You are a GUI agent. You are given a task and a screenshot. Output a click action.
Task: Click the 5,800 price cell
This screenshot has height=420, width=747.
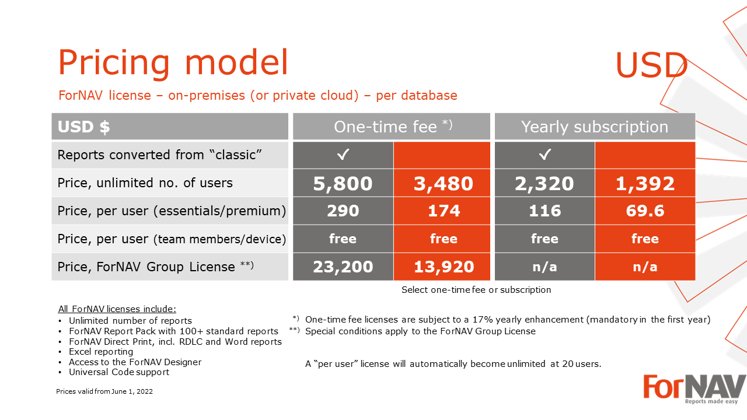click(343, 183)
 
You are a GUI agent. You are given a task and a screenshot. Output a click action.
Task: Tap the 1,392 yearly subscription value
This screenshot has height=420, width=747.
click(645, 183)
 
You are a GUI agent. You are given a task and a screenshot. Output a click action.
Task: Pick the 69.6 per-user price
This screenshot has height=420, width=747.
click(645, 211)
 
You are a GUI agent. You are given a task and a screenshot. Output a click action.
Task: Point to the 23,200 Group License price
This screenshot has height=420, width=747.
click(343, 267)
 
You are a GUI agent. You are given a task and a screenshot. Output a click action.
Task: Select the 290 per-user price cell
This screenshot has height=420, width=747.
click(343, 211)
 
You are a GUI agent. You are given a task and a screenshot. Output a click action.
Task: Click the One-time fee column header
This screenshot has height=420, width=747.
click(392, 127)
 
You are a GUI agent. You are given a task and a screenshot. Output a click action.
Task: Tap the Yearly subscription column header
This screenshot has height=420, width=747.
click(595, 127)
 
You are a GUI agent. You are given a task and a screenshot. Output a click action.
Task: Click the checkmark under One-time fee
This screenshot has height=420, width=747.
click(343, 155)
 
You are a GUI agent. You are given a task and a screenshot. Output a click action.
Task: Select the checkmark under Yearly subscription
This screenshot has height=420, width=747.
click(545, 155)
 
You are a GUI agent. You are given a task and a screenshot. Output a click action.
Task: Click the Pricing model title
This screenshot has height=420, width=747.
click(173, 62)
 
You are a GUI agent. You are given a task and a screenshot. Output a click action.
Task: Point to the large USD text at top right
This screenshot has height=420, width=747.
click(651, 65)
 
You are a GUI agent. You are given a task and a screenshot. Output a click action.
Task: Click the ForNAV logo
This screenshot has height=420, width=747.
click(694, 389)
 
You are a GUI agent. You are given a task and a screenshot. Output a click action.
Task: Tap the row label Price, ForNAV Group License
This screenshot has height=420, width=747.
click(155, 267)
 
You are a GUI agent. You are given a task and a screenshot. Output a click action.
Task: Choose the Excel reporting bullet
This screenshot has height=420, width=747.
click(101, 352)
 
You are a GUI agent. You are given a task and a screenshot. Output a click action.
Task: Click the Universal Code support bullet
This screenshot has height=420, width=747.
click(118, 372)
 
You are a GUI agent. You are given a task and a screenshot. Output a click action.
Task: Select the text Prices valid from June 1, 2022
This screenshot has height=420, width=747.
click(104, 391)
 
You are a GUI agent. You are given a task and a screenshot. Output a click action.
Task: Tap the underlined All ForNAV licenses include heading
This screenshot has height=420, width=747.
click(117, 309)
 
